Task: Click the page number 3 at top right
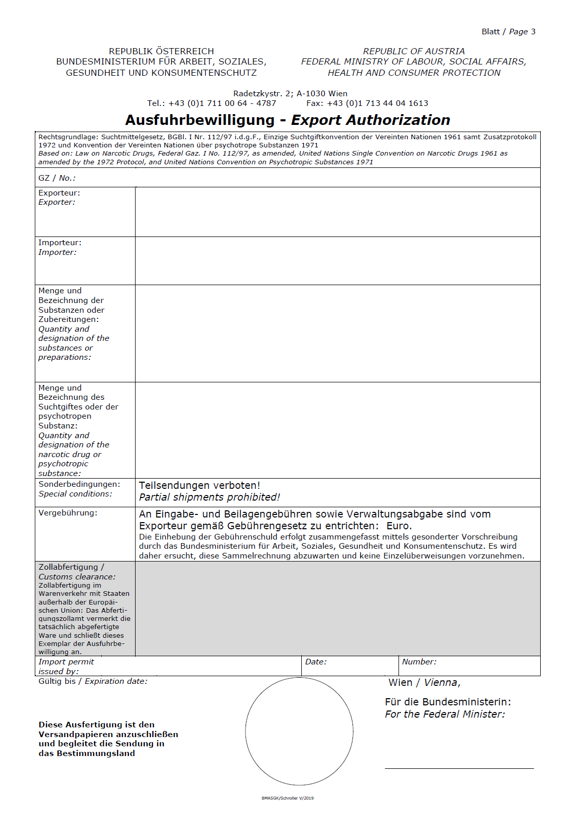(x=533, y=32)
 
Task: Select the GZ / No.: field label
(x=57, y=178)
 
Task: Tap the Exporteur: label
(x=59, y=193)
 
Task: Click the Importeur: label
(x=60, y=243)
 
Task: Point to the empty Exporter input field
(x=338, y=212)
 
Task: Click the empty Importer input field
(x=338, y=261)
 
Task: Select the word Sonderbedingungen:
(x=79, y=484)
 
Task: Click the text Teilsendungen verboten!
(x=200, y=485)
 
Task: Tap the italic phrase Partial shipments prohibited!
(x=209, y=497)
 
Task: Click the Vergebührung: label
(x=68, y=513)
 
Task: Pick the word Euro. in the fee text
(x=399, y=526)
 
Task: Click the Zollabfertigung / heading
(x=71, y=567)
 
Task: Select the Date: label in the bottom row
(x=316, y=662)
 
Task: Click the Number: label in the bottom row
(x=419, y=662)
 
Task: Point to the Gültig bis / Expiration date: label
(x=93, y=681)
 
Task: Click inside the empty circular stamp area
(x=299, y=731)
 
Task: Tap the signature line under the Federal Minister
(x=459, y=768)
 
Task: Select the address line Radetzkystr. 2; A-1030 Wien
(x=290, y=94)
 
